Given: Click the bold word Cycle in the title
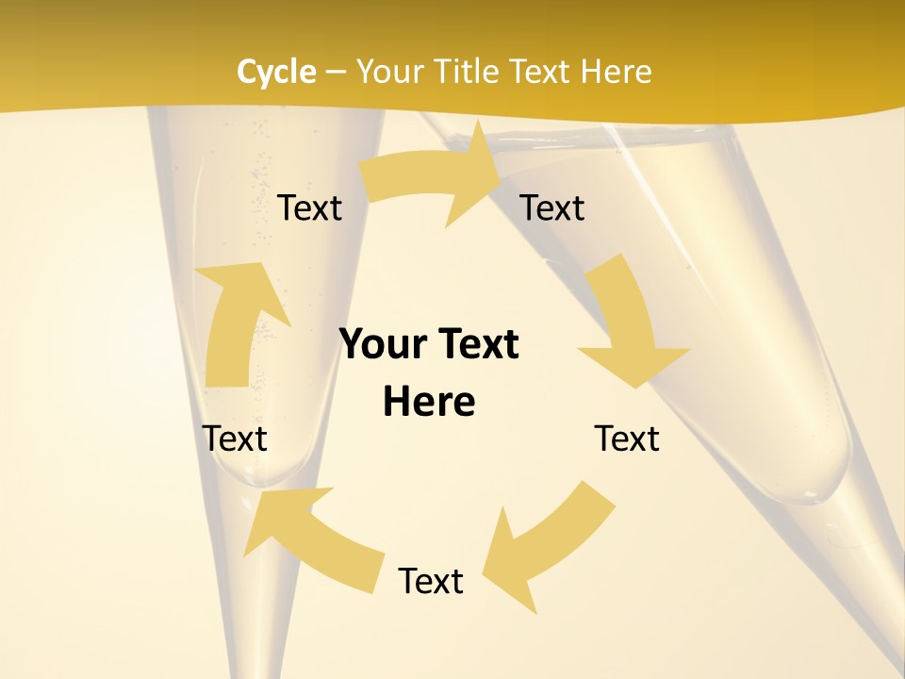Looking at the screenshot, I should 276,72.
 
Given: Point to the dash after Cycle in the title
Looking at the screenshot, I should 335,73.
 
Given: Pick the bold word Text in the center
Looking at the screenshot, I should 477,344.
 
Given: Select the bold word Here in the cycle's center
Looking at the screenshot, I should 429,402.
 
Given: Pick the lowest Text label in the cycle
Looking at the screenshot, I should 430,581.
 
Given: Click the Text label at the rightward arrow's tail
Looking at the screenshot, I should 309,207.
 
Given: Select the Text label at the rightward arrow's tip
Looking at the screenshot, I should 552,207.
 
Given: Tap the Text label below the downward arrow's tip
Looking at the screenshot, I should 627,439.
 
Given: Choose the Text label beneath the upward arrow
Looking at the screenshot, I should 235,439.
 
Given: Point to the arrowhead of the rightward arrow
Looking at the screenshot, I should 476,174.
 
